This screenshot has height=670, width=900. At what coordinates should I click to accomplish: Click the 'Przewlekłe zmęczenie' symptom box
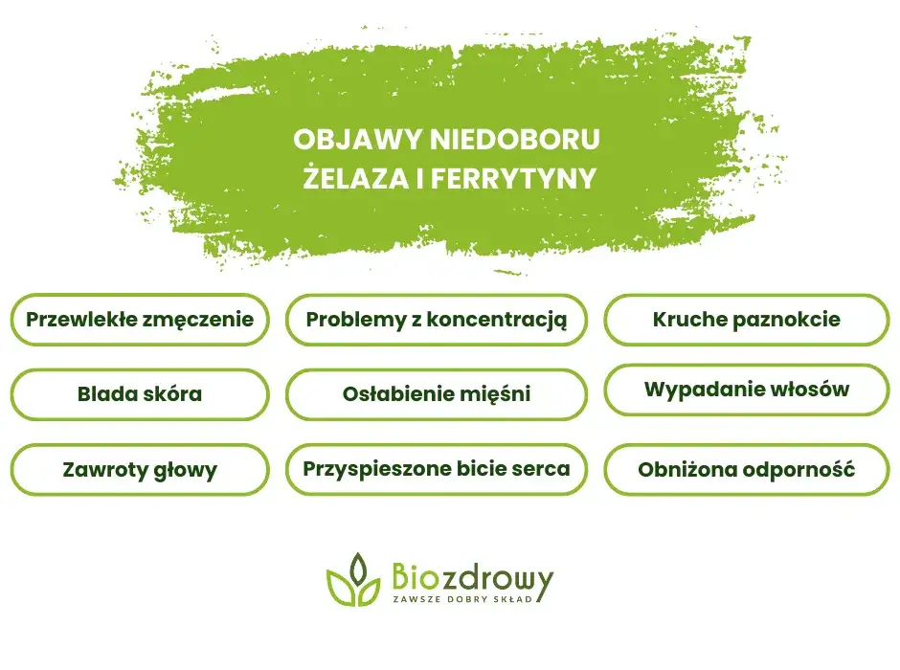tap(140, 320)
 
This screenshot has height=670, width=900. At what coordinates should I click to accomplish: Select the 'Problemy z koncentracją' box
tap(436, 320)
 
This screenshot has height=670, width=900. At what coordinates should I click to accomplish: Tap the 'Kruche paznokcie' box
tap(747, 320)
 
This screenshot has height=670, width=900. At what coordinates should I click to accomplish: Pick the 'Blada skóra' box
tap(140, 393)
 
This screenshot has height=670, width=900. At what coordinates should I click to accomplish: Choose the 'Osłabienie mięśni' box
tap(436, 393)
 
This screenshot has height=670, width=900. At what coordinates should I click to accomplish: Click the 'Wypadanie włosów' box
tap(747, 390)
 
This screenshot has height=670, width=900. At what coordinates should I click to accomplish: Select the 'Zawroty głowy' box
tap(140, 470)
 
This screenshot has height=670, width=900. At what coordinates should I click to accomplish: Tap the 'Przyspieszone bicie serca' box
tap(436, 469)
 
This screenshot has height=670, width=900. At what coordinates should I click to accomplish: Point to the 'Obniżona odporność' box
tap(747, 470)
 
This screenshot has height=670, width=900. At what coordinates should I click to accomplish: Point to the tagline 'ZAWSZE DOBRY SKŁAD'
tap(469, 599)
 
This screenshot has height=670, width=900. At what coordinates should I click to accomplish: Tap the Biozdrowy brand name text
tap(471, 577)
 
